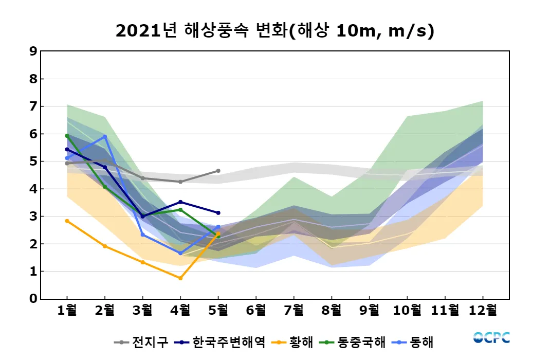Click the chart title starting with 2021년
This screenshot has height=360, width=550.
pyautogui.click(x=275, y=31)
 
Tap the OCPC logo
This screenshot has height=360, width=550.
pyautogui.click(x=491, y=338)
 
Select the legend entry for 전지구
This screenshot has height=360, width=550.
pyautogui.click(x=142, y=342)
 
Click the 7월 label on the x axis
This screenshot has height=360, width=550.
pyautogui.click(x=294, y=311)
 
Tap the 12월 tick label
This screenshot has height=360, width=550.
pyautogui.click(x=483, y=311)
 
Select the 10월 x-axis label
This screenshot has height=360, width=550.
pyautogui.click(x=407, y=311)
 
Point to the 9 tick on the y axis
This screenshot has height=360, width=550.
pyautogui.click(x=33, y=51)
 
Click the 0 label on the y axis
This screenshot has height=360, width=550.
pyautogui.click(x=33, y=299)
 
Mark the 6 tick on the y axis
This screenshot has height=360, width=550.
pyautogui.click(x=33, y=134)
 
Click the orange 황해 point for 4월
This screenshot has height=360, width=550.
pyautogui.click(x=180, y=278)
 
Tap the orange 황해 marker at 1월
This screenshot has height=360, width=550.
pyautogui.click(x=67, y=221)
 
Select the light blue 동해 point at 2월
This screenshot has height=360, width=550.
pyautogui.click(x=105, y=136)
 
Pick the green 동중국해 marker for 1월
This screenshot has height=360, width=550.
pyautogui.click(x=67, y=136)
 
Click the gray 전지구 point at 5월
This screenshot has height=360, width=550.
pyautogui.click(x=218, y=171)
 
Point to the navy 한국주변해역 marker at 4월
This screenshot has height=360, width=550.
pyautogui.click(x=180, y=202)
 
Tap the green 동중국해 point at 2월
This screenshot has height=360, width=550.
pyautogui.click(x=105, y=187)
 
